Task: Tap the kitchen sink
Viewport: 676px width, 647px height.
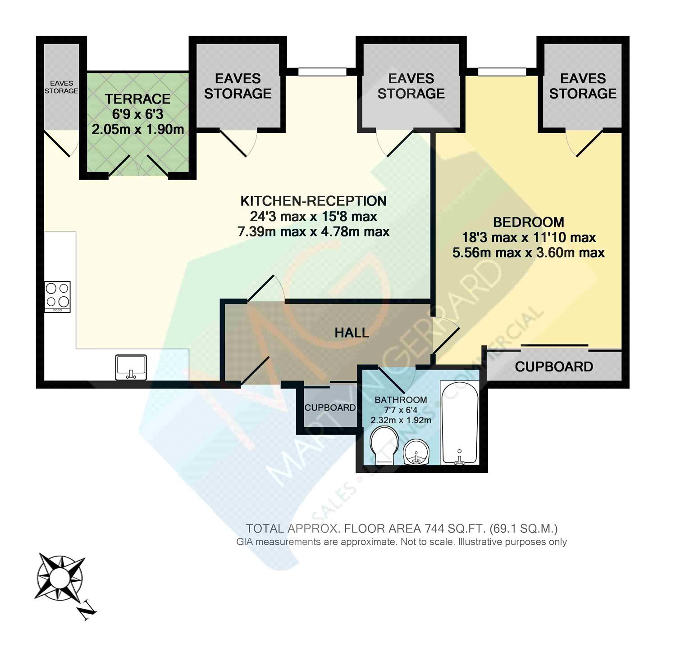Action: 131,367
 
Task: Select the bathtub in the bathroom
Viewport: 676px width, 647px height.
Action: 459,423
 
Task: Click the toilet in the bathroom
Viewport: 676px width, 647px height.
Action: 384,445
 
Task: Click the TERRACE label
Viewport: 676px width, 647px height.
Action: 137,99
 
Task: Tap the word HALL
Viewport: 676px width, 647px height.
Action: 352,333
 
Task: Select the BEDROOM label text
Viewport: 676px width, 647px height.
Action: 529,222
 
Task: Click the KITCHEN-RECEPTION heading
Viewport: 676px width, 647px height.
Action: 313,201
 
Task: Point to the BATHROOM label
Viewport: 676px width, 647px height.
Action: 401,400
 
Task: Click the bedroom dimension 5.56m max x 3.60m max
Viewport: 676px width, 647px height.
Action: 529,253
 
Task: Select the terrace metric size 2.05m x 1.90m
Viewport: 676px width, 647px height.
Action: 138,130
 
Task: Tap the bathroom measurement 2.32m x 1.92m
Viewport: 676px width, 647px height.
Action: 401,420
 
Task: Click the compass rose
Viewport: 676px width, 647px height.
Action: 59,577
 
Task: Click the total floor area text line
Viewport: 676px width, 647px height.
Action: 402,528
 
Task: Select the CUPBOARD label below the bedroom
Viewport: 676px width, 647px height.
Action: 554,366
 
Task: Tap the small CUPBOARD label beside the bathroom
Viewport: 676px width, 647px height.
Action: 330,407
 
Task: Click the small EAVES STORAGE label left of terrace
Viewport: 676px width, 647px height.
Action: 61,87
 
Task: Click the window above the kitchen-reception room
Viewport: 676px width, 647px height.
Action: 322,72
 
